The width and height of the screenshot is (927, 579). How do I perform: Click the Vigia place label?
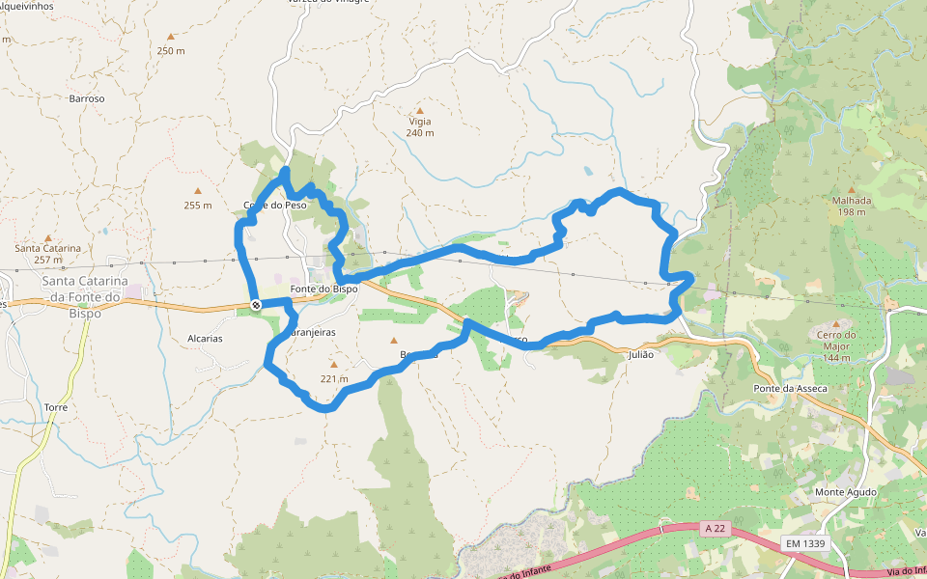click(x=419, y=123)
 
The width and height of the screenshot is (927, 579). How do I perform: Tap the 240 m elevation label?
click(x=419, y=133)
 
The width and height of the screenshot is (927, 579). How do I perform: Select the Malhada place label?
click(x=852, y=201)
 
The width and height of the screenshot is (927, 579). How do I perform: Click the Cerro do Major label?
click(x=836, y=335)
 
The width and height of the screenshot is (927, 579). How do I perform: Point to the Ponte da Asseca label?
click(x=789, y=388)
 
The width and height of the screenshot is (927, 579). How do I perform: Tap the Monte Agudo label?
click(x=845, y=492)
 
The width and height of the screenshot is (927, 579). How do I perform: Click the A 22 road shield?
click(x=715, y=528)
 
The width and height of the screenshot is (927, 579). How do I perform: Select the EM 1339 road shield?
click(x=804, y=543)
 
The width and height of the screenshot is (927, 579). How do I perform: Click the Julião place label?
click(x=640, y=354)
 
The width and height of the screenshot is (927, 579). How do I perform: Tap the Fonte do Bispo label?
click(x=323, y=289)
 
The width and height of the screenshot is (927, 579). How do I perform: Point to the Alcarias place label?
click(x=205, y=339)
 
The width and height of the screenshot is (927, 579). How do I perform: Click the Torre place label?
click(x=55, y=408)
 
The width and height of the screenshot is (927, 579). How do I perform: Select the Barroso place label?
click(x=86, y=98)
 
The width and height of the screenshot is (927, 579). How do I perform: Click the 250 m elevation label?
click(x=170, y=51)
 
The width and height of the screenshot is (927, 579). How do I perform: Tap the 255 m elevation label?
click(x=197, y=205)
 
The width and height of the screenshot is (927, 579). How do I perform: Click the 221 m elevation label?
click(x=333, y=378)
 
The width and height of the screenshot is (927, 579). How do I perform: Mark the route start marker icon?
click(x=256, y=305)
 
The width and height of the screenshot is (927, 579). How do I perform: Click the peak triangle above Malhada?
click(x=851, y=189)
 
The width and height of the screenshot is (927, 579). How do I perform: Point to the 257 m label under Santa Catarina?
click(x=47, y=260)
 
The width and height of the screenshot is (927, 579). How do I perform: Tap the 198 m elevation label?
click(x=852, y=212)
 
